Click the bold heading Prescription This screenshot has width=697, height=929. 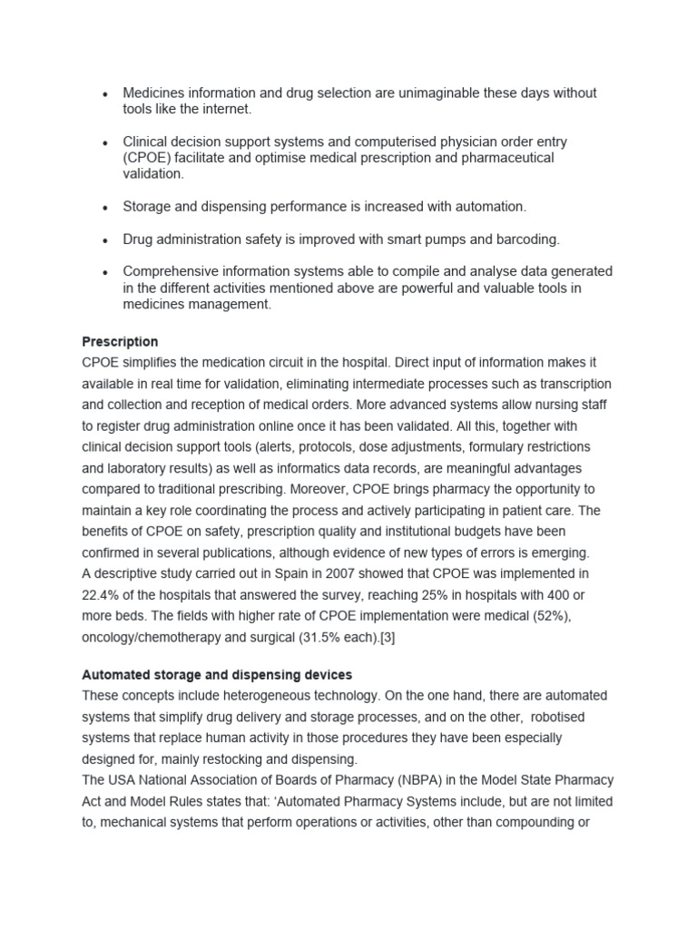120,342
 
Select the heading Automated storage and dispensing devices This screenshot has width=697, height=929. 217,675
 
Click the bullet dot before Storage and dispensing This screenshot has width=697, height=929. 106,208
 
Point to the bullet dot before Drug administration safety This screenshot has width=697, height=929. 106,240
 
